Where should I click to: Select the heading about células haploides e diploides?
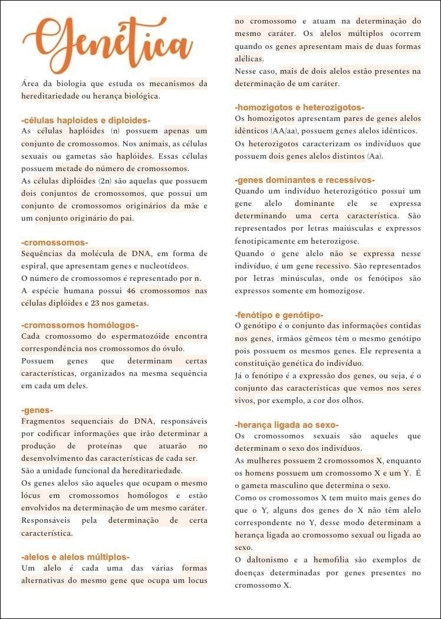pos(85,120)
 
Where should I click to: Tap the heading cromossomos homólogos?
pos(80,325)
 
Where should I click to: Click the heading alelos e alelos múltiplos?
pos(75,556)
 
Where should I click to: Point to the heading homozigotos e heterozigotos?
pos(300,107)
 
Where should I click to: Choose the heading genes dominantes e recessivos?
pos(305,180)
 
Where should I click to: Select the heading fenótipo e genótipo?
pos(279,315)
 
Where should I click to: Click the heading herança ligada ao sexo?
pos(287,425)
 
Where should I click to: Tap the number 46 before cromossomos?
pos(131,291)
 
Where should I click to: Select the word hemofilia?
pos(331,559)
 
